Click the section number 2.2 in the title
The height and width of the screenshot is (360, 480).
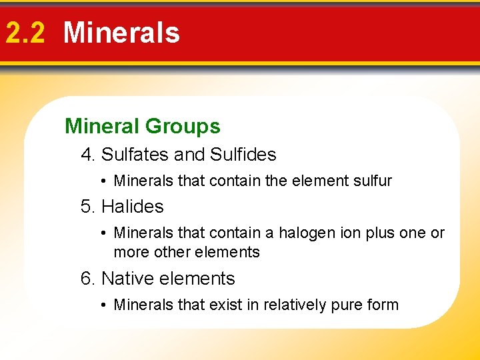click(25, 33)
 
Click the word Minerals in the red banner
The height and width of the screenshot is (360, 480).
click(121, 33)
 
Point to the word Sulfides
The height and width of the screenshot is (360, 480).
click(243, 155)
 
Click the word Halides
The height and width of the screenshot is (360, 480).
click(132, 207)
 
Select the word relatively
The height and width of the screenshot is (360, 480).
click(293, 305)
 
